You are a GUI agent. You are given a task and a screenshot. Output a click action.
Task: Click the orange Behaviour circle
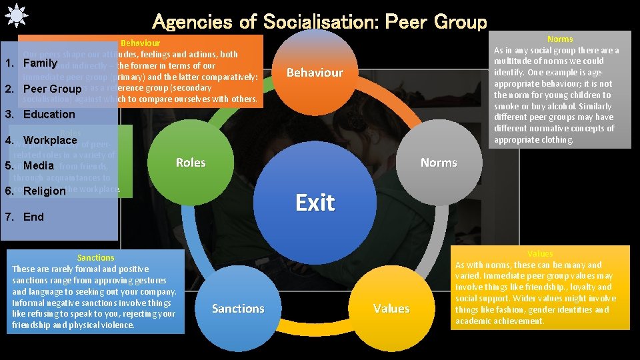[315, 72]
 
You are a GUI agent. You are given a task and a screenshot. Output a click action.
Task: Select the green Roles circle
[191, 163]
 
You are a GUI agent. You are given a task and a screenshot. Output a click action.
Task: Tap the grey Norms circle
[438, 163]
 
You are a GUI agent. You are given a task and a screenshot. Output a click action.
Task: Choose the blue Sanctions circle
[238, 308]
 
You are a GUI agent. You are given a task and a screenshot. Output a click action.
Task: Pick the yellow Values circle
[391, 308]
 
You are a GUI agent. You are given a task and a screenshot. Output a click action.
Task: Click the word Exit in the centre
[315, 203]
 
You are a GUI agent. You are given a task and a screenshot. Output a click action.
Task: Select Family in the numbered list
[40, 63]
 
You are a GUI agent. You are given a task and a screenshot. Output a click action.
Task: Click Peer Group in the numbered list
[52, 89]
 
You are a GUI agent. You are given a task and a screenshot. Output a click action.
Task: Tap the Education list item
[49, 114]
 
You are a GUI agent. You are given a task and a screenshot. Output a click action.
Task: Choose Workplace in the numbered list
[50, 140]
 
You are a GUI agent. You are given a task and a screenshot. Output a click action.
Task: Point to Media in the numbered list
[38, 165]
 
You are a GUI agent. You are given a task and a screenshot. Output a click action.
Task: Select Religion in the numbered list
[45, 191]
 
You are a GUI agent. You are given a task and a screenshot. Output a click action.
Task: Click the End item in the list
[33, 217]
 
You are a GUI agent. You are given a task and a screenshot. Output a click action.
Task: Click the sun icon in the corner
[14, 15]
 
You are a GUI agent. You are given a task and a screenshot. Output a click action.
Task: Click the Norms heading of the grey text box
[560, 39]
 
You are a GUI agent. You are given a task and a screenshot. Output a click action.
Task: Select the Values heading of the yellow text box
[540, 254]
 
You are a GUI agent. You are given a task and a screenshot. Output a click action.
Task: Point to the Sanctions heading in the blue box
[96, 257]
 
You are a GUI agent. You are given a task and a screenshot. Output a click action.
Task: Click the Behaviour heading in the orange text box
[140, 43]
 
